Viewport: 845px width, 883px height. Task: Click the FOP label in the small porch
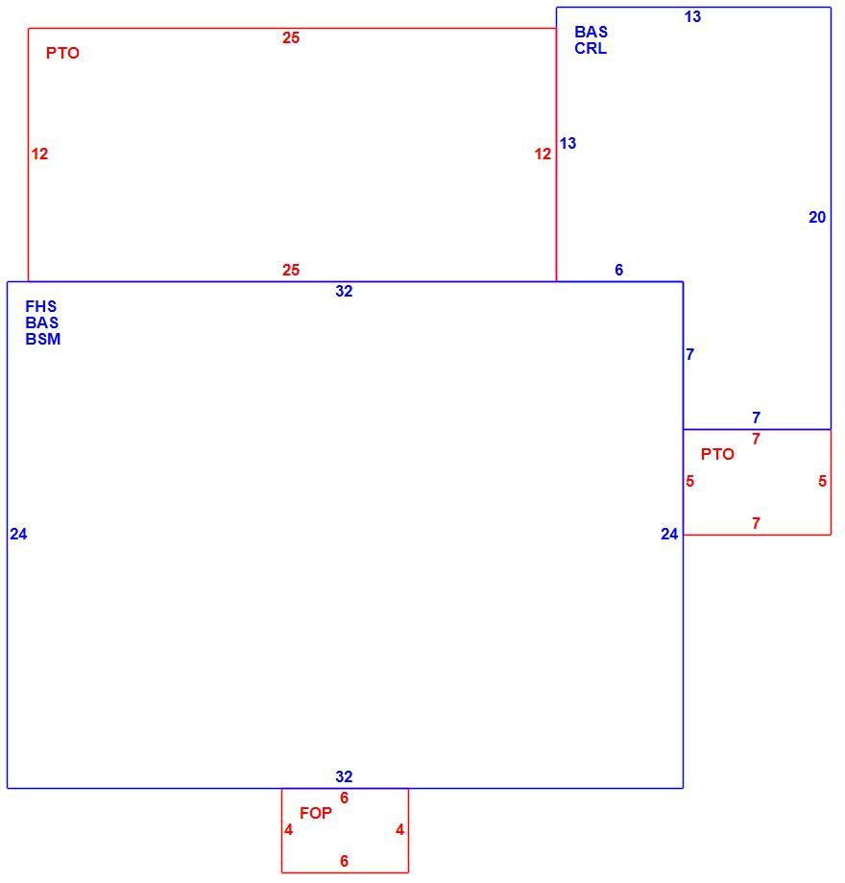[316, 813]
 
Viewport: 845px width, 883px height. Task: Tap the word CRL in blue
[591, 48]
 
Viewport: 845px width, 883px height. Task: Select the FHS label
[40, 306]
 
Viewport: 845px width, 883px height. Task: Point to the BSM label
[43, 339]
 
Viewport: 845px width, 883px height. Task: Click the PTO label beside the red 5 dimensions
[717, 454]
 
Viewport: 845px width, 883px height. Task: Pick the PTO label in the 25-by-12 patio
[62, 53]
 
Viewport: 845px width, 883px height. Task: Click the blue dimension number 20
[817, 217]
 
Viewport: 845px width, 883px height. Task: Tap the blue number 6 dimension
[619, 270]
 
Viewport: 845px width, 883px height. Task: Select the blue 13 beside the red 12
[567, 143]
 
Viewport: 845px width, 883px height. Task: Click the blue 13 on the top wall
[693, 17]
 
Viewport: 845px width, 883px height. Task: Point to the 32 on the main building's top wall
[344, 291]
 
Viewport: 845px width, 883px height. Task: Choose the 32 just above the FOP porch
[344, 776]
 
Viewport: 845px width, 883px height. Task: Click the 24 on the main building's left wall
[18, 534]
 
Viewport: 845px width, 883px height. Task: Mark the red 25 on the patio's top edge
[291, 37]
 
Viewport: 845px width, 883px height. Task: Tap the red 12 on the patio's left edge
[39, 154]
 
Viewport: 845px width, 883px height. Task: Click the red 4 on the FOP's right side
[400, 829]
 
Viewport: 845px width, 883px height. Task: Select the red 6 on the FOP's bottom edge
[344, 861]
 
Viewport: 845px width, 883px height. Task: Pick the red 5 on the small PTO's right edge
[823, 481]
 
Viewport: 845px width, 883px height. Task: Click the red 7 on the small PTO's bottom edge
[756, 523]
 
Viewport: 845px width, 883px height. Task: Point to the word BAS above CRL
[591, 32]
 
